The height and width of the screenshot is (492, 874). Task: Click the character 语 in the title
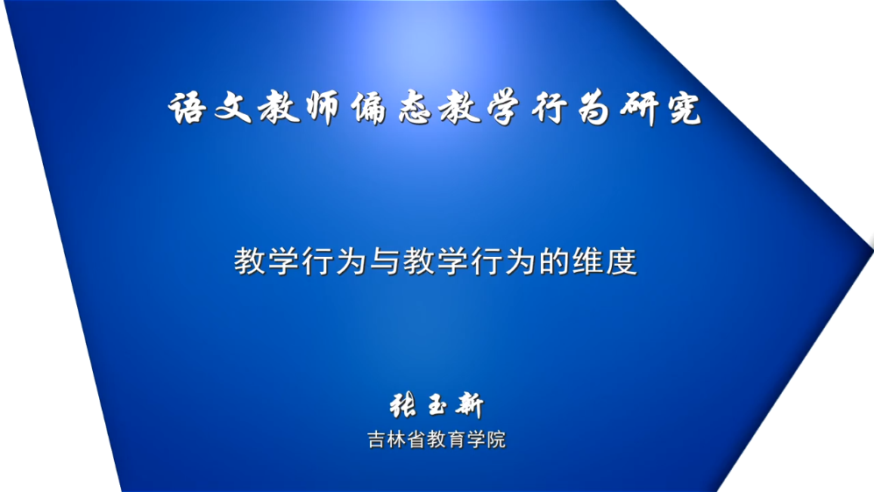187,107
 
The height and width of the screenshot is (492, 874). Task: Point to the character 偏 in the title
368,108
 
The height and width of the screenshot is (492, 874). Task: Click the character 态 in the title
415,107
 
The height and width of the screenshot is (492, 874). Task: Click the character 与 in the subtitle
385,261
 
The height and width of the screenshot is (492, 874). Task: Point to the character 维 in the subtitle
587,261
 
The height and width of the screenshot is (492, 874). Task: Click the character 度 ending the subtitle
622,261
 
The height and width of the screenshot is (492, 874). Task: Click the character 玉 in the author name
437,405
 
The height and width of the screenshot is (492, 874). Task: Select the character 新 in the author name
469,405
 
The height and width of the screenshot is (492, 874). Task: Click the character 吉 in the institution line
377,439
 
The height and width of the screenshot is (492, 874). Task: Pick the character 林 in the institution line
397,439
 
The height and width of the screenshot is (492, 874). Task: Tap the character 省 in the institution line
417,439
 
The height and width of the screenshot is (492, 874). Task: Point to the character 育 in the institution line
457,439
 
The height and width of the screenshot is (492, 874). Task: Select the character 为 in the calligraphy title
593,107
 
